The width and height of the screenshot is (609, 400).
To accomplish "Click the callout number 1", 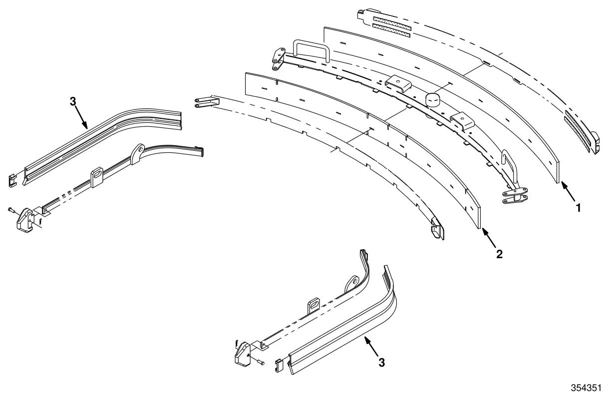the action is coord(578,208).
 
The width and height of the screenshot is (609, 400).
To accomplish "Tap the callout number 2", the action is coord(500,254).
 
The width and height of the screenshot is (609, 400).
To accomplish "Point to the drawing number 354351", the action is coord(586,388).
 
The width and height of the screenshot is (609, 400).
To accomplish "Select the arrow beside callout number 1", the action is coord(568,192).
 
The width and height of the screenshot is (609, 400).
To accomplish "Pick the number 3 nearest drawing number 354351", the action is coord(382,363).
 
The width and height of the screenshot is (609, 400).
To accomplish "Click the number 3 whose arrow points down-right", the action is coord(73,102).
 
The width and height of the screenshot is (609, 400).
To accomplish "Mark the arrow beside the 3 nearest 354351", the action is coord(371,346).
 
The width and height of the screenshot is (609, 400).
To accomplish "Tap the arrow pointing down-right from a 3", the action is coord(81,117).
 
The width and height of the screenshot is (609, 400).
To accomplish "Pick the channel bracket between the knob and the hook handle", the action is coord(462,120).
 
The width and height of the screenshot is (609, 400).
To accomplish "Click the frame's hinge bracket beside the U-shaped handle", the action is coord(278,59).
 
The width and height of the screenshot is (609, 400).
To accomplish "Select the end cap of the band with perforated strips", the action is coord(595,143).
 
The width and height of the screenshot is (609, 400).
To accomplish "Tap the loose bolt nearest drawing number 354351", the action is coord(260,362).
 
